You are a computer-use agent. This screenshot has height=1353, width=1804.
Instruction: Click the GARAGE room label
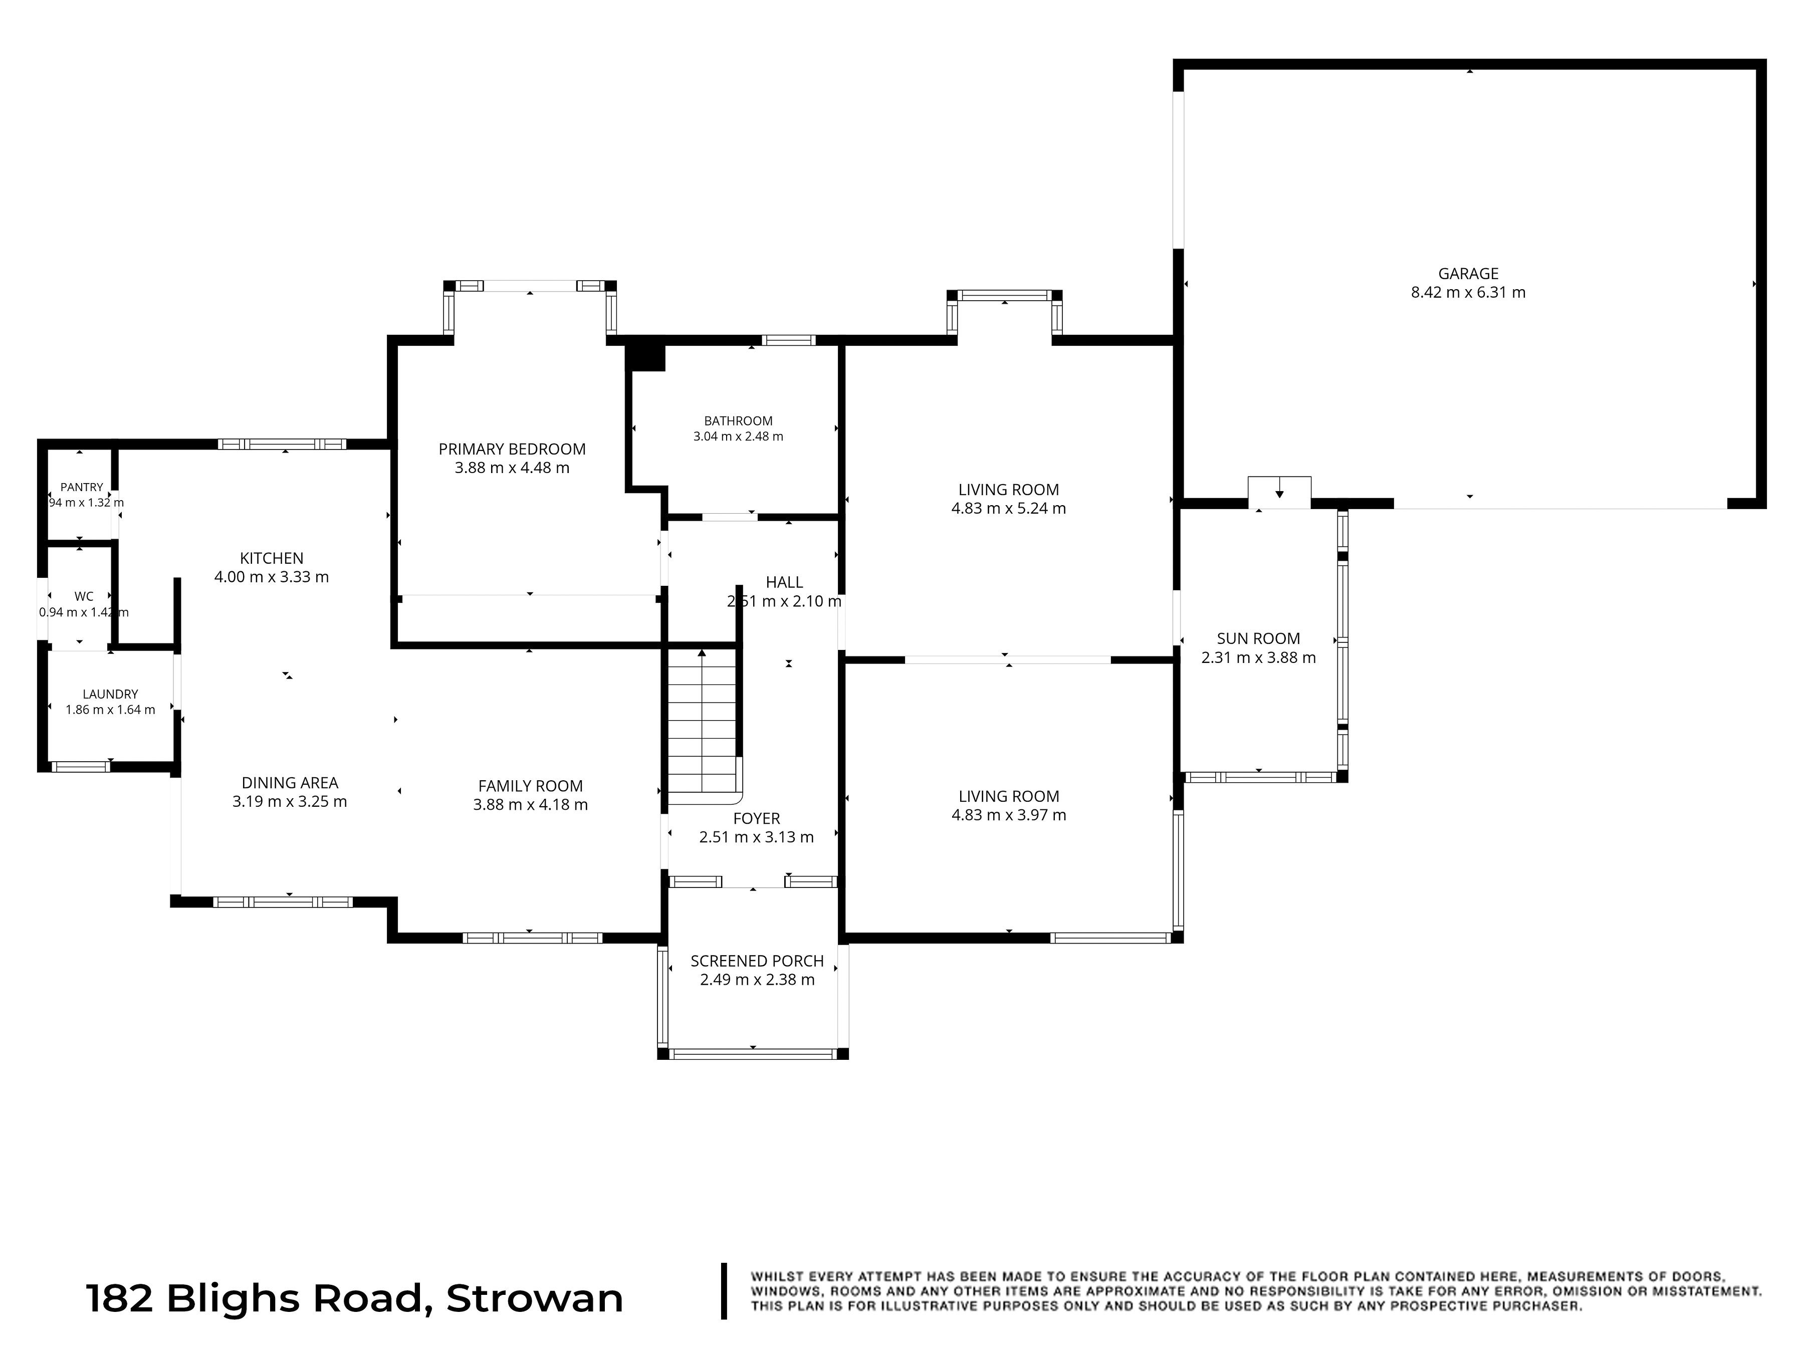tap(1468, 274)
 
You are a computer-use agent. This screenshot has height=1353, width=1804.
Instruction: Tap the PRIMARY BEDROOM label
tap(512, 449)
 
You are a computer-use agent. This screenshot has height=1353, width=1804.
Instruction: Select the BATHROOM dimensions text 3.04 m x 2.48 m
tap(738, 436)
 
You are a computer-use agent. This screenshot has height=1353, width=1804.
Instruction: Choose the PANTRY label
tap(82, 488)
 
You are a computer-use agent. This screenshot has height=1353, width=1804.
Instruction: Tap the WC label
tap(84, 597)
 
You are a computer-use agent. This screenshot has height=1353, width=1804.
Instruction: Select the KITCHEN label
tap(272, 559)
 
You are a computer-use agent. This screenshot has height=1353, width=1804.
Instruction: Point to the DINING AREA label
tap(290, 783)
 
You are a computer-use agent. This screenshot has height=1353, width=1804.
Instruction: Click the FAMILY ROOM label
tap(530, 786)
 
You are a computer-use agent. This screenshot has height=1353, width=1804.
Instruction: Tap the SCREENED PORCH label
tap(757, 962)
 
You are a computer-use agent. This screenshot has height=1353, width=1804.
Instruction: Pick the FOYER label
tap(757, 819)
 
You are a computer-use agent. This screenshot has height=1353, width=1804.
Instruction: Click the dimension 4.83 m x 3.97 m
tap(1009, 815)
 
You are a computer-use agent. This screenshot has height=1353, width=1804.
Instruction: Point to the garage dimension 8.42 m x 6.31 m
tap(1468, 293)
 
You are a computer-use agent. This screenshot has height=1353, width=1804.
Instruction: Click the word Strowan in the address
tap(535, 1298)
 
